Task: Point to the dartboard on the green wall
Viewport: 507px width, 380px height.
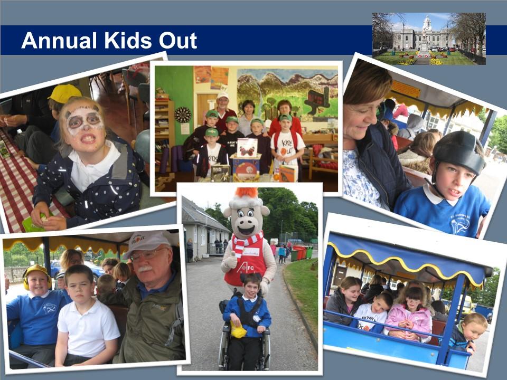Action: coord(183,115)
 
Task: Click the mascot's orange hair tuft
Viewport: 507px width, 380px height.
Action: coord(246,193)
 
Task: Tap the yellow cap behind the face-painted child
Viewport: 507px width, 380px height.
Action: coord(64,92)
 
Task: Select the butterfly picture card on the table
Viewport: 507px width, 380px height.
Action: coord(247,147)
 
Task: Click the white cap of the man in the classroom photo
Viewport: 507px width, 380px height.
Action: coord(222,96)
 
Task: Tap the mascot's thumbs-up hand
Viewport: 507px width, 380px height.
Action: coord(230,261)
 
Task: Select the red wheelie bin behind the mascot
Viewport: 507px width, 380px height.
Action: coord(301,252)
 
